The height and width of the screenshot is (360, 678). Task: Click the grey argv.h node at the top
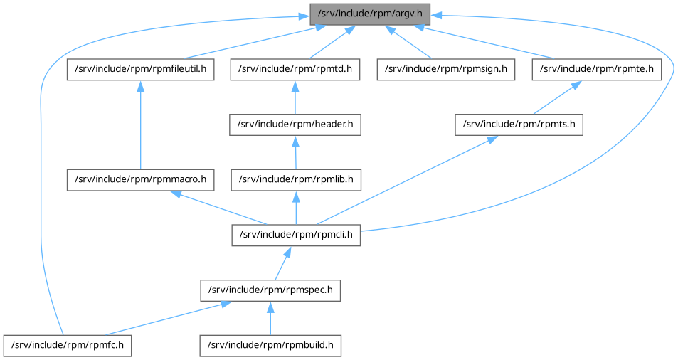pyautogui.click(x=370, y=14)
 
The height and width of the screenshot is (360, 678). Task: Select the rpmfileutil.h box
pyautogui.click(x=140, y=69)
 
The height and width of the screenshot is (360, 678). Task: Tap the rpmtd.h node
pyautogui.click(x=295, y=69)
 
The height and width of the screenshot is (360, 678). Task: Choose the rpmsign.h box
pyautogui.click(x=445, y=69)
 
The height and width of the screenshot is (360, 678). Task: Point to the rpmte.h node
pyautogui.click(x=597, y=69)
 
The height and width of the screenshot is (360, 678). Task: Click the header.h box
pyautogui.click(x=295, y=125)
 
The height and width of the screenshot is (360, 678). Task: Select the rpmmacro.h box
pyautogui.click(x=140, y=180)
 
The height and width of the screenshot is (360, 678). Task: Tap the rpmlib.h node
pyautogui.click(x=295, y=180)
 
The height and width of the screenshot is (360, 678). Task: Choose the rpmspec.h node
pyautogui.click(x=270, y=290)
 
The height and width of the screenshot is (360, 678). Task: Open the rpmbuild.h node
pyautogui.click(x=270, y=346)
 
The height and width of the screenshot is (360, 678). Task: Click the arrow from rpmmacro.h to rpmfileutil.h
pyautogui.click(x=140, y=125)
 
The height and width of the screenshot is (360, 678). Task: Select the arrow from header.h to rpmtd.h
pyautogui.click(x=295, y=97)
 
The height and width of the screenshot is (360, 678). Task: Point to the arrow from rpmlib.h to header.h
pyautogui.click(x=295, y=152)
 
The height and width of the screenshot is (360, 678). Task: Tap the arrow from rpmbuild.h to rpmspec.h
pyautogui.click(x=270, y=318)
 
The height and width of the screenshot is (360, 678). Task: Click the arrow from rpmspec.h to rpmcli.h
pyautogui.click(x=282, y=263)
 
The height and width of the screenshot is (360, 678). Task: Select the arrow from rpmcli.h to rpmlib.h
pyautogui.click(x=295, y=208)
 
